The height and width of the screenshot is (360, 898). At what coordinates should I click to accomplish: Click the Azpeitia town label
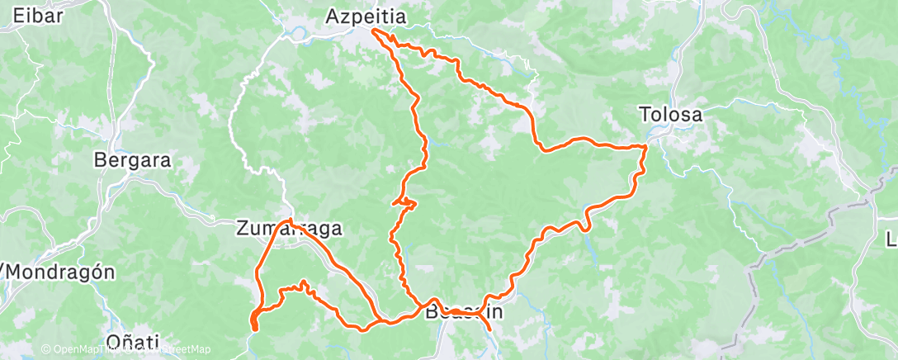(366, 16)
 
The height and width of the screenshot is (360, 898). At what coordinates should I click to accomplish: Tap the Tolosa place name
(671, 115)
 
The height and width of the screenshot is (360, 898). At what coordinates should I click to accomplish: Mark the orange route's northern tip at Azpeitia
(374, 31)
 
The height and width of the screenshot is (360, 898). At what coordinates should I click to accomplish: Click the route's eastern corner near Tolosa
(645, 146)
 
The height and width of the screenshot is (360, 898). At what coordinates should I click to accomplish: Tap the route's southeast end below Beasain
(490, 330)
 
